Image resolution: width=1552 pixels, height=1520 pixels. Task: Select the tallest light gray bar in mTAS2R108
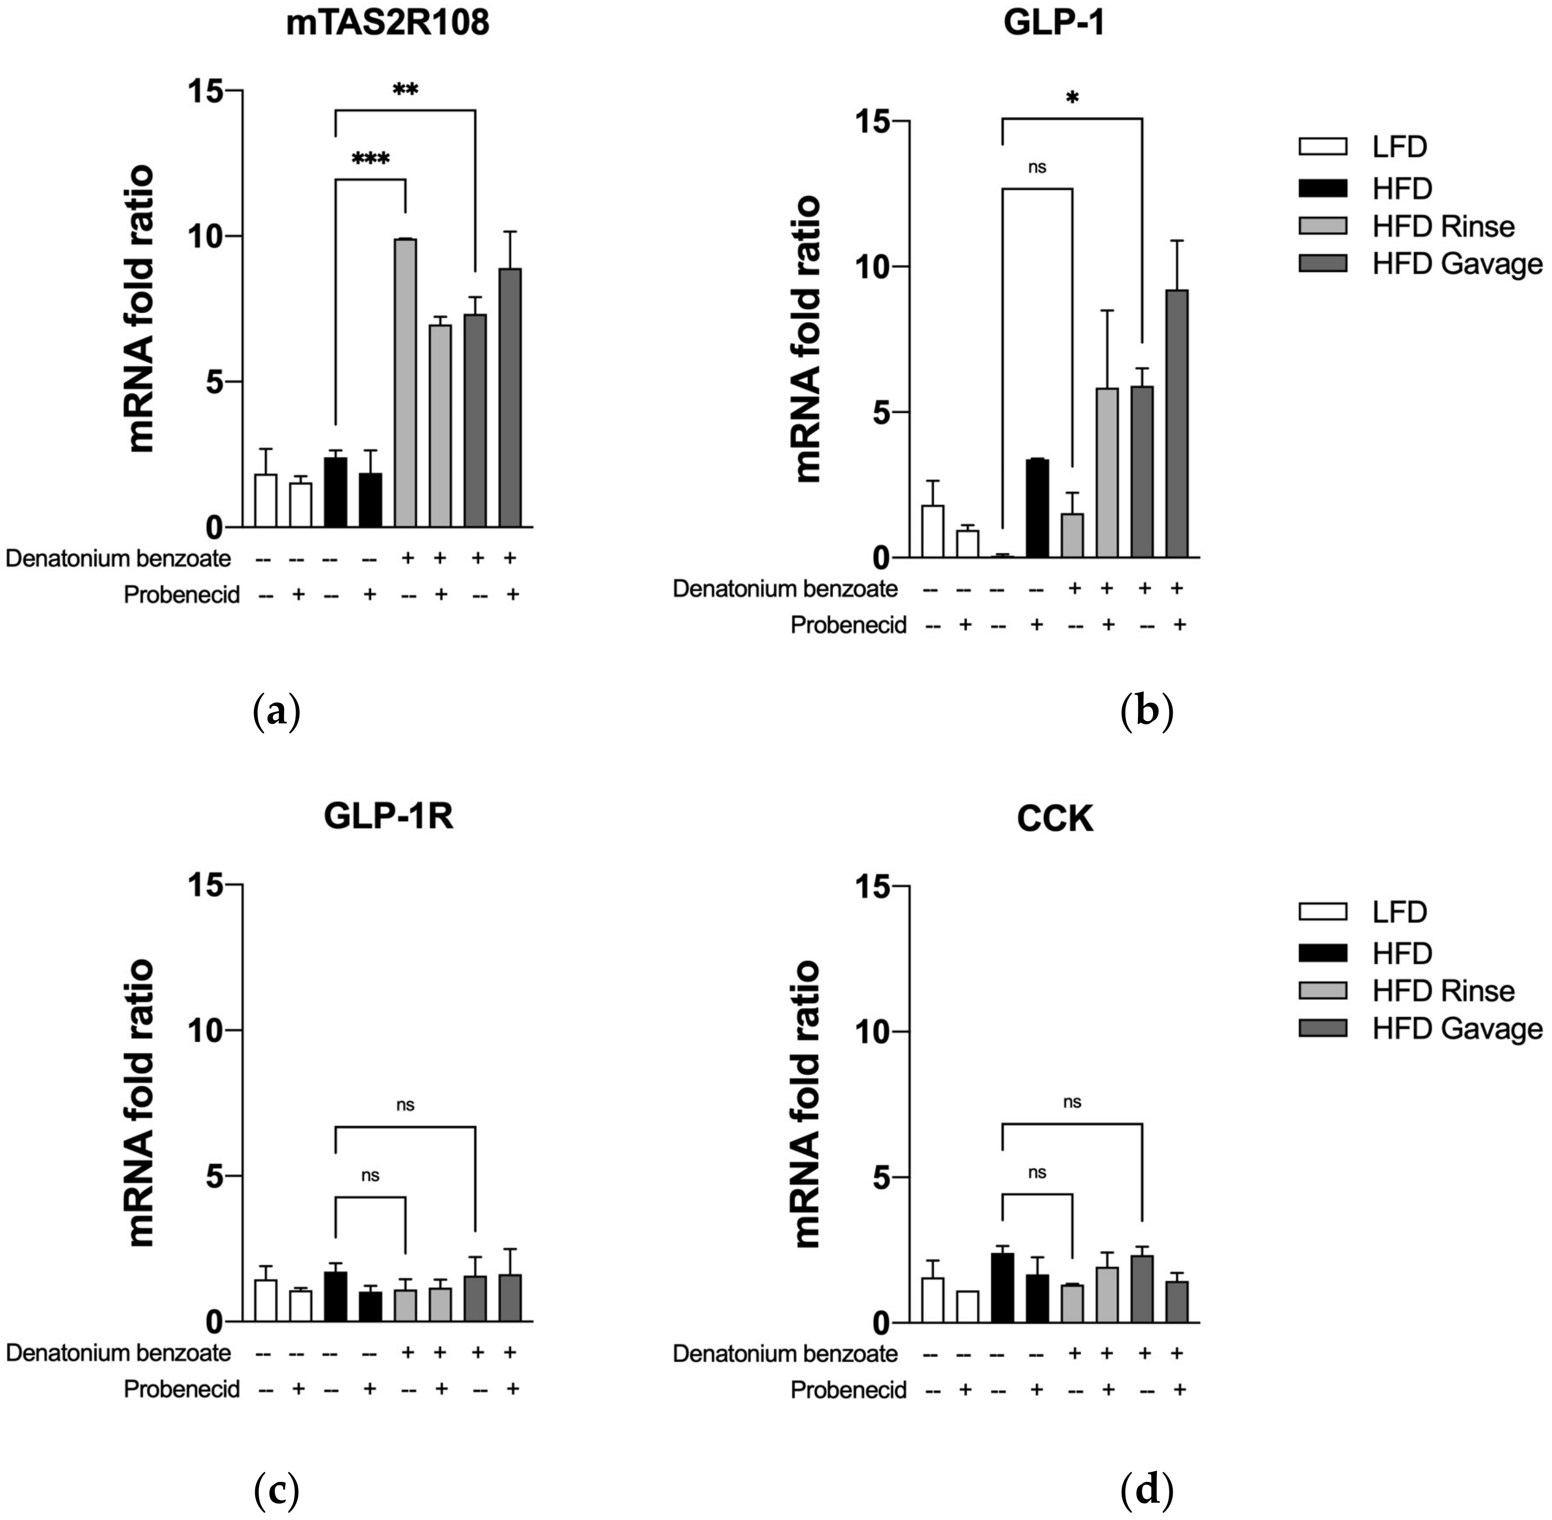pyautogui.click(x=405, y=383)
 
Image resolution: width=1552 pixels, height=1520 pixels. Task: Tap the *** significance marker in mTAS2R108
pyautogui.click(x=370, y=159)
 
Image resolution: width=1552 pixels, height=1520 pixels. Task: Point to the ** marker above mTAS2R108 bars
pyautogui.click(x=406, y=90)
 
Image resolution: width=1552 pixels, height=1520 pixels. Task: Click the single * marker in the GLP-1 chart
pyautogui.click(x=1072, y=99)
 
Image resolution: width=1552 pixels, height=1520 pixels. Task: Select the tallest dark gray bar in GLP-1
pyautogui.click(x=1177, y=423)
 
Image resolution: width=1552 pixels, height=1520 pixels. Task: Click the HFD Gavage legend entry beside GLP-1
pyautogui.click(x=1421, y=264)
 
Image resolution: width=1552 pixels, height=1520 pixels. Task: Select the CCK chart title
pyautogui.click(x=1055, y=818)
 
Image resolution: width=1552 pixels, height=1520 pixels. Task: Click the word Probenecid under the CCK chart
pyautogui.click(x=848, y=1390)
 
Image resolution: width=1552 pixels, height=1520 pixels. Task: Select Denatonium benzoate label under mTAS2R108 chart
pyautogui.click(x=118, y=558)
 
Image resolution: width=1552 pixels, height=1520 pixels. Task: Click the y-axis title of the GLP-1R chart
pyautogui.click(x=142, y=1103)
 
